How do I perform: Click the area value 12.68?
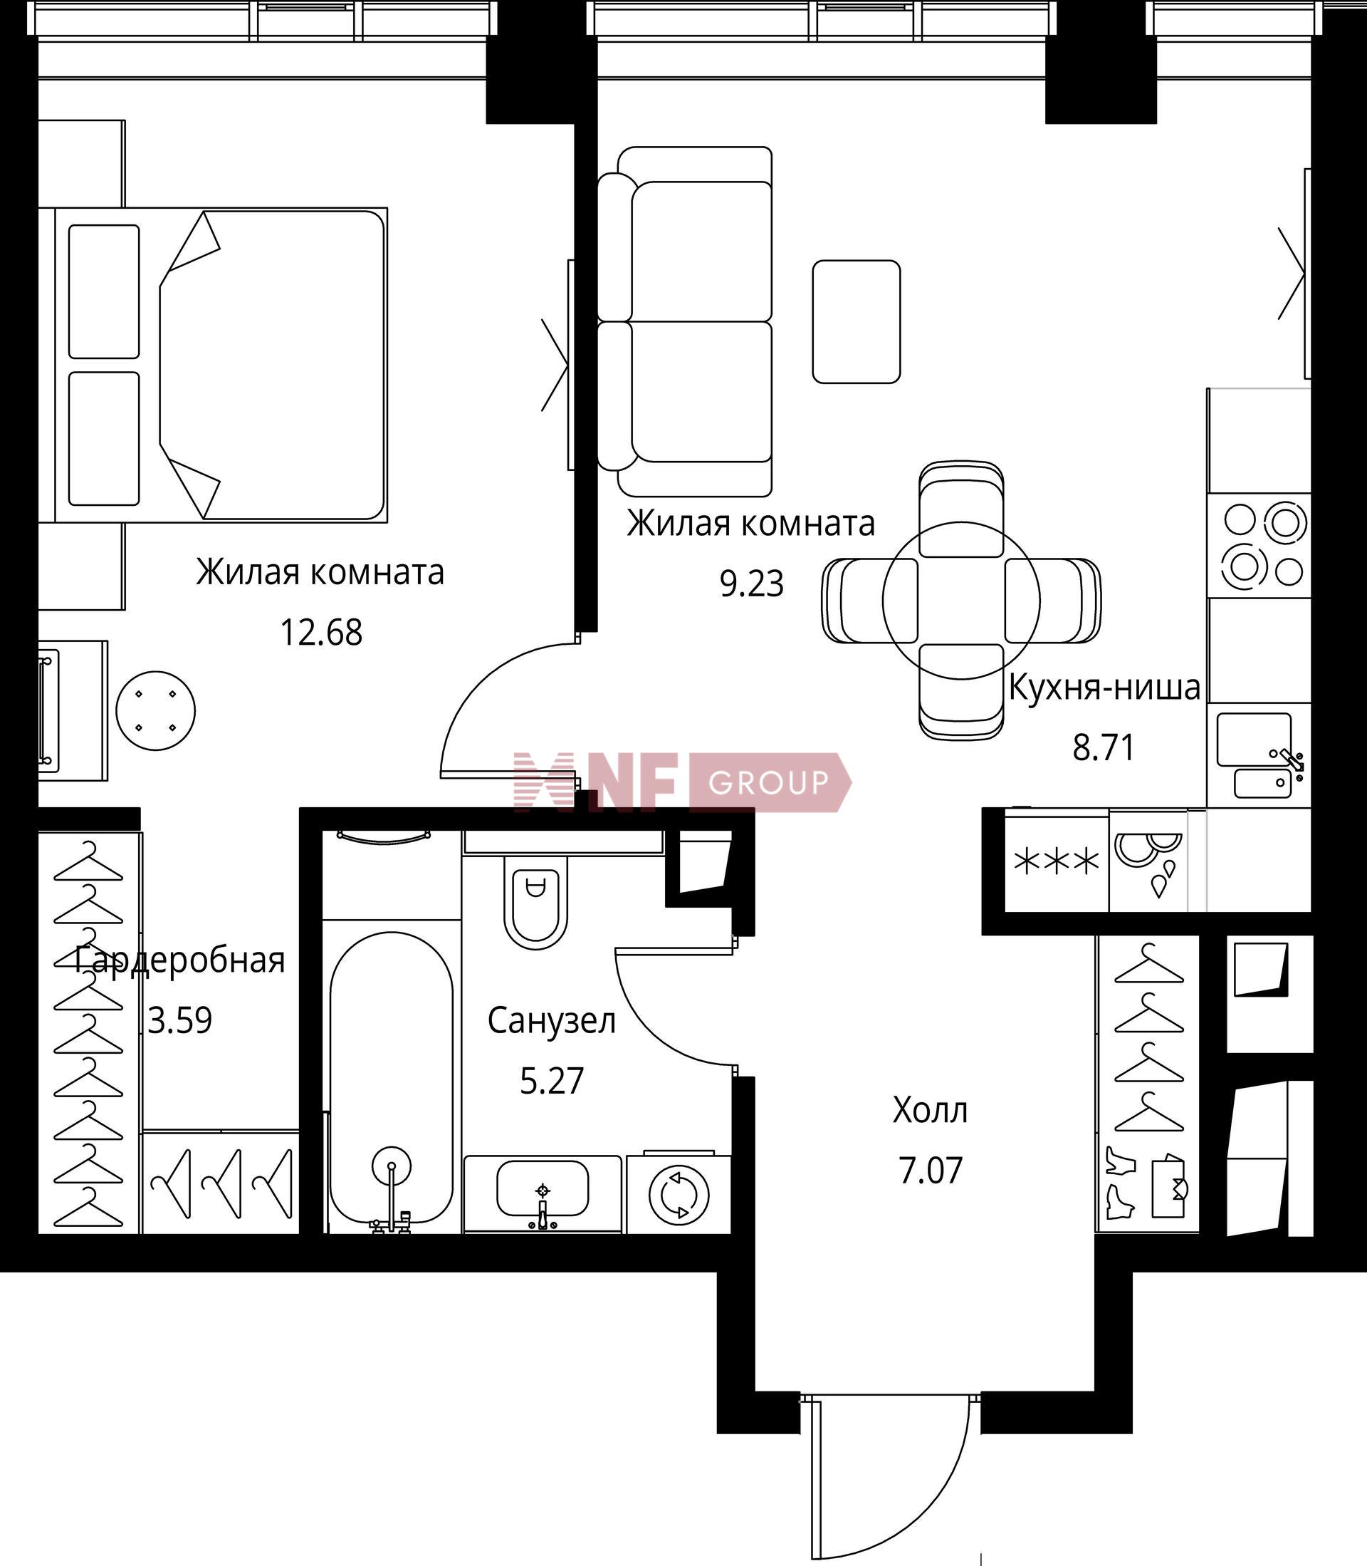point(321,633)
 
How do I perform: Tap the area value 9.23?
point(752,585)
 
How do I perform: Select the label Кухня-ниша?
point(1104,688)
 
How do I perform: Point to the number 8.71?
point(1104,748)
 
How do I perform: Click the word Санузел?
point(552,1021)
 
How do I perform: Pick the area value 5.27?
point(552,1082)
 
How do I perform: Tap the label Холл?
point(930,1111)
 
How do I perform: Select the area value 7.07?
point(931,1171)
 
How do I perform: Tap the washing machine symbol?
point(678,1193)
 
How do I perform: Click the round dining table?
point(961,601)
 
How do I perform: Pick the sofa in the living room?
point(685,321)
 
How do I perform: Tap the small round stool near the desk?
point(156,711)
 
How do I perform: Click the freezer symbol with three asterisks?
point(1057,862)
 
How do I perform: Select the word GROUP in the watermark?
point(768,782)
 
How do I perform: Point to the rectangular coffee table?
point(857,321)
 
